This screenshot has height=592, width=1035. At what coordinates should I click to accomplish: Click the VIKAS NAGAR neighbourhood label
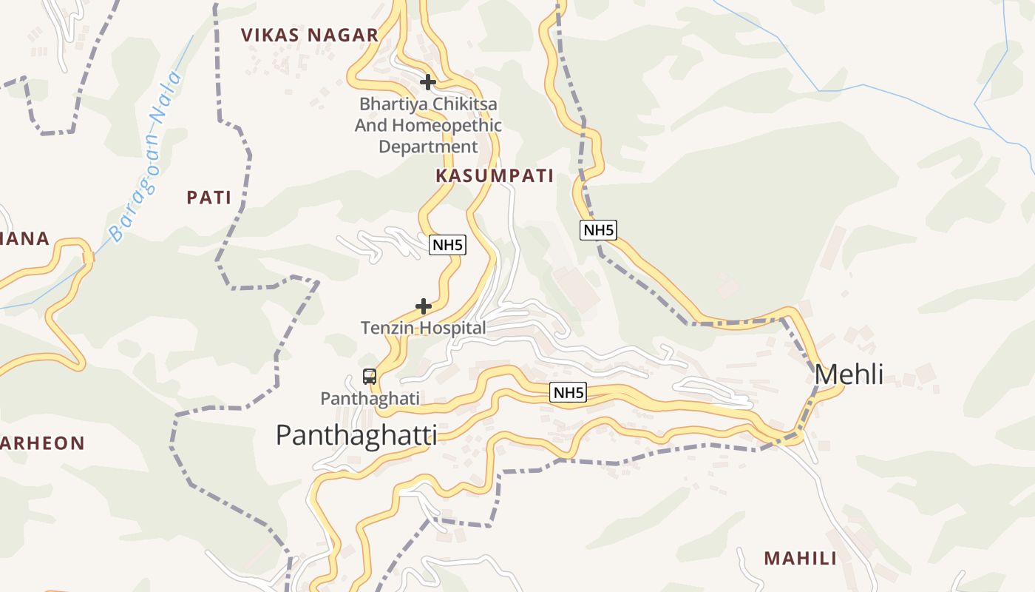point(310,35)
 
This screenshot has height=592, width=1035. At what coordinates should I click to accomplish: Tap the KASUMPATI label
point(495,175)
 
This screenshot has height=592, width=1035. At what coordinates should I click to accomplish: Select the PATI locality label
point(208,198)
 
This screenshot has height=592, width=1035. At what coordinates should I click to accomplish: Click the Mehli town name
point(849,374)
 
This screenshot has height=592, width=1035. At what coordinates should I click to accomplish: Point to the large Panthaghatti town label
point(356,434)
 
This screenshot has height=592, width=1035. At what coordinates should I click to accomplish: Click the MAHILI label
point(800,558)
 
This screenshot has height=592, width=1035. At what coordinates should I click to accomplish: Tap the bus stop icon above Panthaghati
point(370,377)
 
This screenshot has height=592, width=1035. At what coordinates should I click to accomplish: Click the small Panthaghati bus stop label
point(370,398)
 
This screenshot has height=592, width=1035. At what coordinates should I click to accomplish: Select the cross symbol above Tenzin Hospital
point(423,306)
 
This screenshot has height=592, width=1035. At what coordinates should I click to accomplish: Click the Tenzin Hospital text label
point(423,328)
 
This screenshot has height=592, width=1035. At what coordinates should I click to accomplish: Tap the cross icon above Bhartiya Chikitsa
point(427,82)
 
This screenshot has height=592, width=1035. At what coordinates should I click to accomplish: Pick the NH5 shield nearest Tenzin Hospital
point(448,245)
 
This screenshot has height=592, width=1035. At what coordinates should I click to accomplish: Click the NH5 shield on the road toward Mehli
point(598,230)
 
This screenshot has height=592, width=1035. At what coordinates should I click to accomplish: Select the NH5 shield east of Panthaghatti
point(568,393)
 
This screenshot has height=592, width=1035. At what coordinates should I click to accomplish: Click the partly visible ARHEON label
point(42,443)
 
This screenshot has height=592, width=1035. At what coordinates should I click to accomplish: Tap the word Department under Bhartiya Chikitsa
point(428,147)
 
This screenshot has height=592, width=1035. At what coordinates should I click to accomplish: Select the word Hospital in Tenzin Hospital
point(455,328)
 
